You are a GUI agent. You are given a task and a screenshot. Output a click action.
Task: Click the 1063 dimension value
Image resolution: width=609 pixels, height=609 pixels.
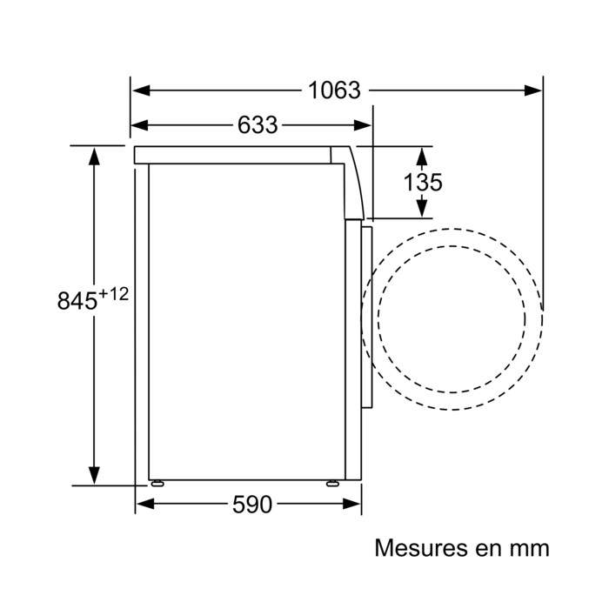pyautogui.click(x=333, y=90)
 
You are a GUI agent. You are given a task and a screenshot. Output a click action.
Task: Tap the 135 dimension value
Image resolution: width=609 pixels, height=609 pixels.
pyautogui.click(x=424, y=183)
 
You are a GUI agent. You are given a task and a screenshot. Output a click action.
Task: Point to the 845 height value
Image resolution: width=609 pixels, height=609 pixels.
pyautogui.click(x=76, y=301)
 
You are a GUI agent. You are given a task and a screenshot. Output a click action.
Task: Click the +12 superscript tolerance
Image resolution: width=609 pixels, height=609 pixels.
pyautogui.click(x=113, y=294)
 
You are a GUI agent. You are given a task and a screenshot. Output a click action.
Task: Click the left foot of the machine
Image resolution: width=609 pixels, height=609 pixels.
pyautogui.click(x=157, y=483)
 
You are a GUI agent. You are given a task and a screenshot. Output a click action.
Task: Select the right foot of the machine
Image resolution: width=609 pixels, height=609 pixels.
pyautogui.click(x=333, y=483)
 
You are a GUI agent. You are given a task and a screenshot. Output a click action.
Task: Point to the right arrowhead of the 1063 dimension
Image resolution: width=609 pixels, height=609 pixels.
pyautogui.click(x=534, y=90)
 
